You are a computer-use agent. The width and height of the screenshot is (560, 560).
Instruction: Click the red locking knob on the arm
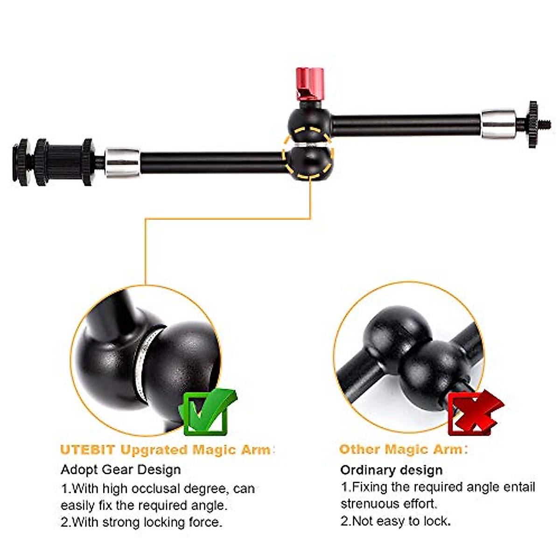pos(310,83)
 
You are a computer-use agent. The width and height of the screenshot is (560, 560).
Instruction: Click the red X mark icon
pos(473,413)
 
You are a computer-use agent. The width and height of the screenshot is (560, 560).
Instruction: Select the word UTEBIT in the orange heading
pos(88,450)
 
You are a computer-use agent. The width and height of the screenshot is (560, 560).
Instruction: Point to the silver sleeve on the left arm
pos(122,162)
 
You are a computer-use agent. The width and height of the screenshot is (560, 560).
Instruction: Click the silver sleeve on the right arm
pos(498,124)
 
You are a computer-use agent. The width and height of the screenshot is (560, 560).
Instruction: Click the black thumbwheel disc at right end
pos(533,124)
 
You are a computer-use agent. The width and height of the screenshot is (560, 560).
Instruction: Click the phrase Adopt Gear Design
pos(120,469)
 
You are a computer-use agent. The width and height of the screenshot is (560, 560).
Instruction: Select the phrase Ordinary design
pos(391,470)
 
